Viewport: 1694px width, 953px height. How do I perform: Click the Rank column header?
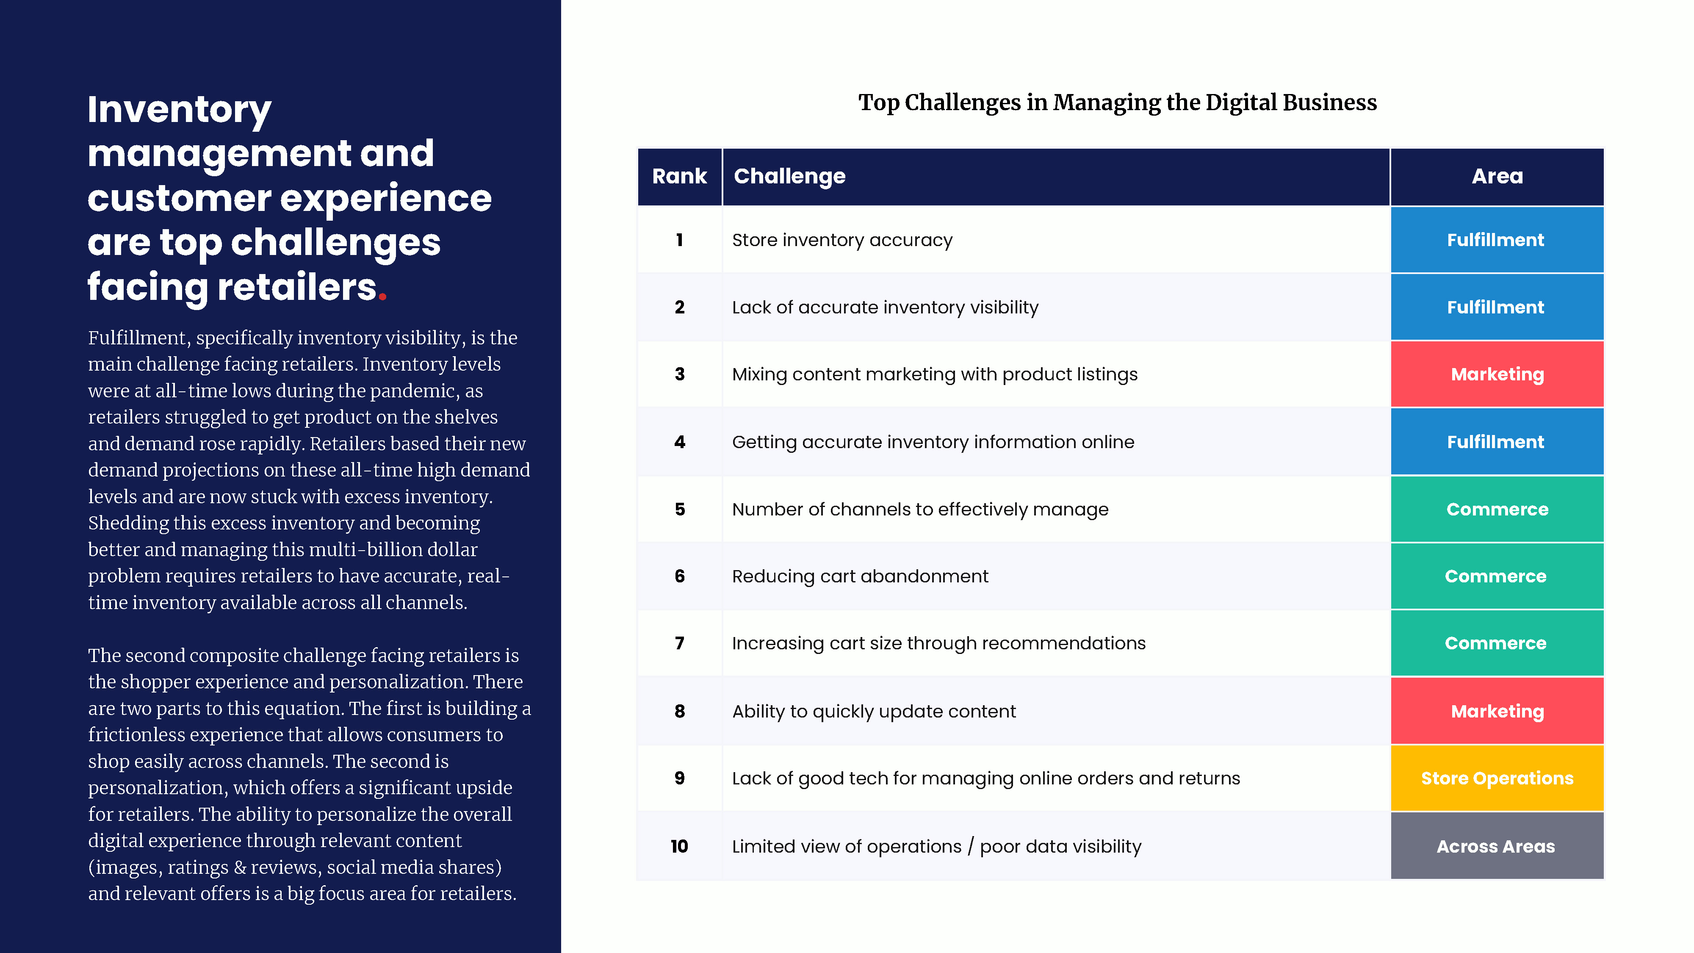pyautogui.click(x=679, y=176)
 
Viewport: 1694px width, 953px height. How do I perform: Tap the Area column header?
pyautogui.click(x=1497, y=176)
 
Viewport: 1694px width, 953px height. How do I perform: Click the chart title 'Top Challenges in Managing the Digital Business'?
pyautogui.click(x=1117, y=103)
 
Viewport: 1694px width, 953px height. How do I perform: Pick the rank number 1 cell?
pyautogui.click(x=679, y=240)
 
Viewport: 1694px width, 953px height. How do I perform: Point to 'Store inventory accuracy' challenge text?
pyautogui.click(x=842, y=241)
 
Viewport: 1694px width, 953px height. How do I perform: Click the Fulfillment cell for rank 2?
pyautogui.click(x=1497, y=307)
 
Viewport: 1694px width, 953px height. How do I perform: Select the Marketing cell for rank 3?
pyautogui.click(x=1497, y=374)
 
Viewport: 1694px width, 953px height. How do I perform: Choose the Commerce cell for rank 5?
pyautogui.click(x=1497, y=509)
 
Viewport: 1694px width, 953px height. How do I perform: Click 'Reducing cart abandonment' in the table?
pyautogui.click(x=860, y=576)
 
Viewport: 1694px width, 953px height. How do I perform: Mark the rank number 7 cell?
pyautogui.click(x=679, y=643)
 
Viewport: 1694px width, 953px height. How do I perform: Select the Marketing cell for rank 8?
pyautogui.click(x=1497, y=711)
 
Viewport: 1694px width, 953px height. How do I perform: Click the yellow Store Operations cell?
pyautogui.click(x=1497, y=778)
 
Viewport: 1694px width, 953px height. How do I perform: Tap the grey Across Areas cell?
pyautogui.click(x=1497, y=846)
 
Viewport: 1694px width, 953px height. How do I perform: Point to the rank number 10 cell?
pyautogui.click(x=679, y=846)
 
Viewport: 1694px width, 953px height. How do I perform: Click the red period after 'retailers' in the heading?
pyautogui.click(x=382, y=298)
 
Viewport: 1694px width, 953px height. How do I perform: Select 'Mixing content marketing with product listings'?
pyautogui.click(x=935, y=375)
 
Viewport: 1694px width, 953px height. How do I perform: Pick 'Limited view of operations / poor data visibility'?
pyautogui.click(x=936, y=846)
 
